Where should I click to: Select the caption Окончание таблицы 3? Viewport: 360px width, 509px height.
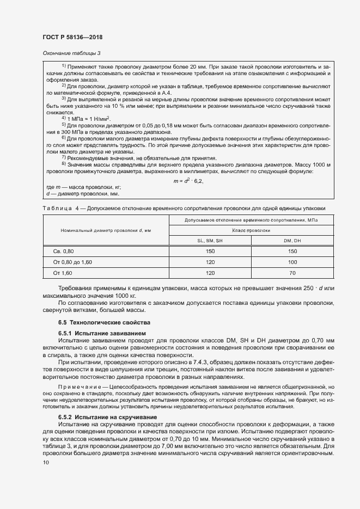(71, 53)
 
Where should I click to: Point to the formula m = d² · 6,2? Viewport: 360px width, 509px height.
(188, 181)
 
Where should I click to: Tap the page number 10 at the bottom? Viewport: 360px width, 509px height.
(45, 463)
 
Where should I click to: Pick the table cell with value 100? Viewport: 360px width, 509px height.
(292, 262)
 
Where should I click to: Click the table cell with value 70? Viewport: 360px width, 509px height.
(292, 272)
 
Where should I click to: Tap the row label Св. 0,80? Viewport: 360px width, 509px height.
(63, 252)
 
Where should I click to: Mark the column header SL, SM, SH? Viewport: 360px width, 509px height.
(210, 241)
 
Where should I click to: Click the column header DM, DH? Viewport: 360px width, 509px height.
(292, 241)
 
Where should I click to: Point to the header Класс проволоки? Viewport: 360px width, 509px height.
(251, 231)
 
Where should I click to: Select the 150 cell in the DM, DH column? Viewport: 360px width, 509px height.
(292, 252)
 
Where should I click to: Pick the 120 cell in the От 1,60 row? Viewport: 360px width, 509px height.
(210, 272)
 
